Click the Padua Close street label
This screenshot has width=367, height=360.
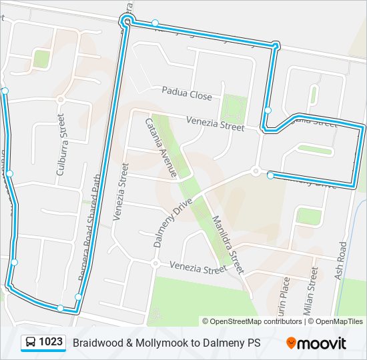point(186,96)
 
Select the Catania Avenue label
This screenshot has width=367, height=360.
point(161,148)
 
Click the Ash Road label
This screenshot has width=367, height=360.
point(342,261)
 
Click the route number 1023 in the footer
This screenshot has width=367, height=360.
point(51,343)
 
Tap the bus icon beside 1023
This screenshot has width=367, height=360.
point(31,343)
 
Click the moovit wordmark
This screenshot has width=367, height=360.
point(322,343)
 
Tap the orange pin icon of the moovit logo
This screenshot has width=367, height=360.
point(291,343)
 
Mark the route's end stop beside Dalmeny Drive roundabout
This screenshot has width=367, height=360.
point(270,175)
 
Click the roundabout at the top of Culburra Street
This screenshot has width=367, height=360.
point(60,100)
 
